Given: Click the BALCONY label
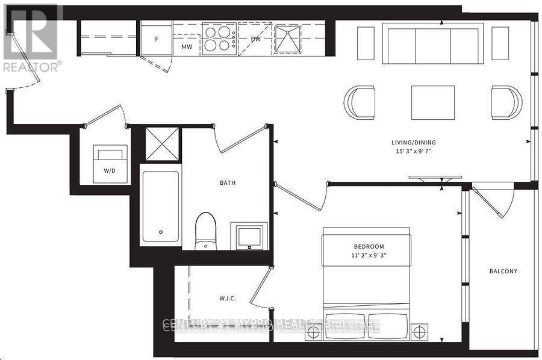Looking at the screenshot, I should coord(503,272).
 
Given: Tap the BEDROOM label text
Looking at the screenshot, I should coord(369,247).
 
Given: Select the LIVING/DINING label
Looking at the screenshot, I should coord(413,143).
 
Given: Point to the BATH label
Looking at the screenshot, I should coord(227,183).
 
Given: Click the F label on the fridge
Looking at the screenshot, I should coord(157,39).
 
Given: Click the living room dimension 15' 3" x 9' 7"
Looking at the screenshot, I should coord(413,152).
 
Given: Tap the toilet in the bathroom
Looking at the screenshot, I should coord(205,231).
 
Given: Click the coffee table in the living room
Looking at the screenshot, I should coord(433,102).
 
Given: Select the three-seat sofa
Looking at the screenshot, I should coord(434,43).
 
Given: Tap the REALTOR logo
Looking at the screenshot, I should coord(31,37).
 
